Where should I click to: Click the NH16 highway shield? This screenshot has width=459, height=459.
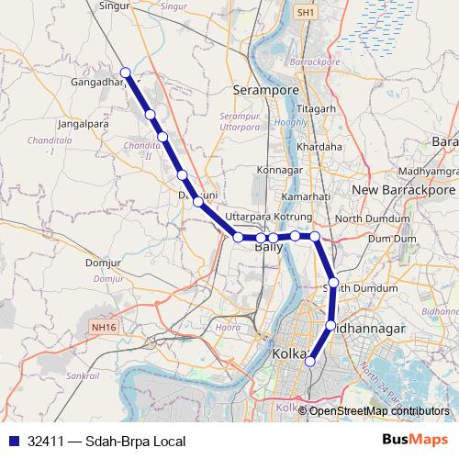[x=104, y=325]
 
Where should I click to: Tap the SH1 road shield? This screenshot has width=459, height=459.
[x=305, y=13]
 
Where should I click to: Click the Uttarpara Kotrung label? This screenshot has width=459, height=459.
[x=269, y=217]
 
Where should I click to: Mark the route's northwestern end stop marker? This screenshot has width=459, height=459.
[x=126, y=73]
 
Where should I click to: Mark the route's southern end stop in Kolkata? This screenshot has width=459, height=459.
[x=309, y=362]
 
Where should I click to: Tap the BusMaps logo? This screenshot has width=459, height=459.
[x=415, y=441]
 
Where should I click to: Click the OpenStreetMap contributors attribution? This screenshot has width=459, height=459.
[x=378, y=410]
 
